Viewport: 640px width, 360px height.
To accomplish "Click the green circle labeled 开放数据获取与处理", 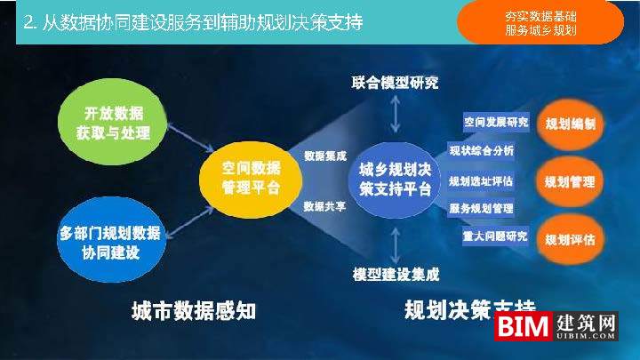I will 112,124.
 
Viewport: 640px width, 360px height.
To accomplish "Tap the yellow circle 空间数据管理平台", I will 252,177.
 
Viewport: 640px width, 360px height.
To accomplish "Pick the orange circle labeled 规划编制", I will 570,123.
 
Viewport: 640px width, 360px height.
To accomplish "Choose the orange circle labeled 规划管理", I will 570,181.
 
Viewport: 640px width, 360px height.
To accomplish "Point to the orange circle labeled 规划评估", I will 570,239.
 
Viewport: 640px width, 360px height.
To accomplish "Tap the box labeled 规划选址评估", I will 481,181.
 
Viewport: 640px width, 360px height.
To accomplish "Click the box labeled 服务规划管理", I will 481,209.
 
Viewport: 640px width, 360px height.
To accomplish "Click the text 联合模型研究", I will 396,83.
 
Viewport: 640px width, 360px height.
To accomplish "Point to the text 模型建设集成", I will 396,274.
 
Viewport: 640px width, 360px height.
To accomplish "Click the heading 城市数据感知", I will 194,310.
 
